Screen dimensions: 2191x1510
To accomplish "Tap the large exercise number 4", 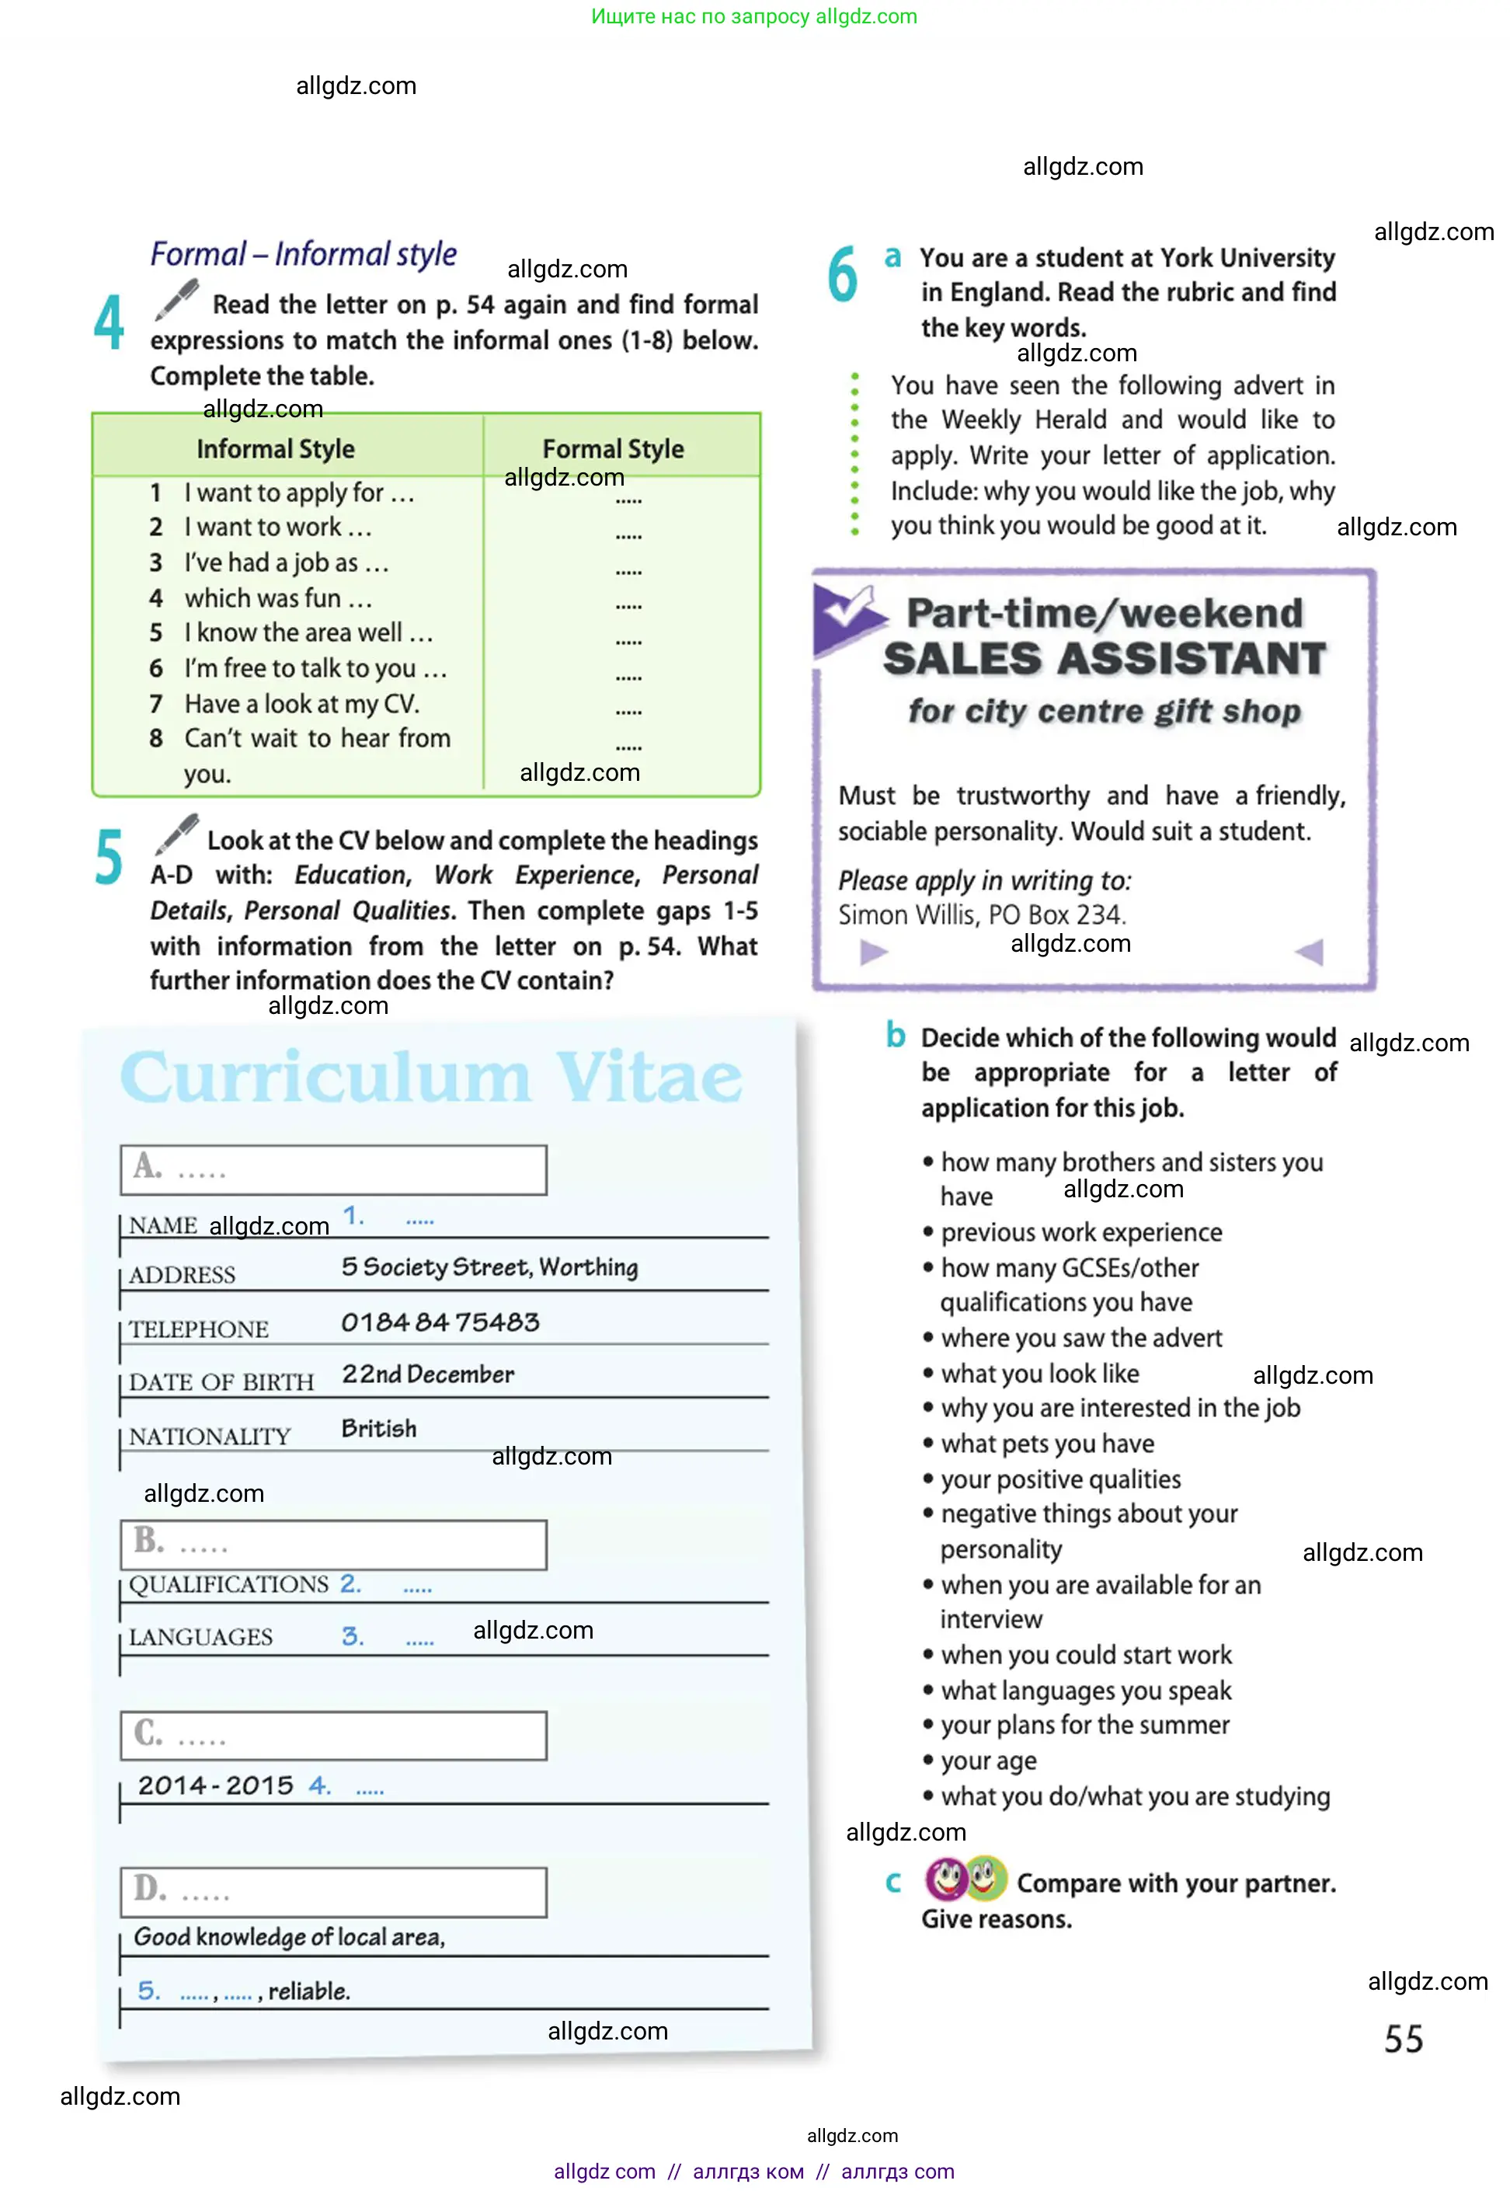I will point(109,322).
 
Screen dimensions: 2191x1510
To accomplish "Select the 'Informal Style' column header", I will point(275,448).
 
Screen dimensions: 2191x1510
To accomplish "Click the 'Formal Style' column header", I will point(612,448).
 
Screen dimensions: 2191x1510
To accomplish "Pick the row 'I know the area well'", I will point(308,632).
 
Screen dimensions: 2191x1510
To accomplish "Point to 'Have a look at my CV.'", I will point(301,703).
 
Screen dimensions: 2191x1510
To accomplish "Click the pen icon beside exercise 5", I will point(176,834).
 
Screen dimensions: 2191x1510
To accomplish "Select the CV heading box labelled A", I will point(333,1170).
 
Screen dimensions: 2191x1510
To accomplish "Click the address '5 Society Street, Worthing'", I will point(489,1266).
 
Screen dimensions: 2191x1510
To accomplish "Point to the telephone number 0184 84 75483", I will point(440,1322).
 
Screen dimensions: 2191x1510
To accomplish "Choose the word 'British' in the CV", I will point(378,1427).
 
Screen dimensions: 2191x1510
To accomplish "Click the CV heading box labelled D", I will point(333,1892).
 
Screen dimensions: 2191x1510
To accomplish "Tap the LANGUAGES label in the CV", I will point(200,1636).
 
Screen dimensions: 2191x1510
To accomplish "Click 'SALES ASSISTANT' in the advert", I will point(1104,659).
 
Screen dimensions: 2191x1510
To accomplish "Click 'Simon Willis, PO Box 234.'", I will point(981,914).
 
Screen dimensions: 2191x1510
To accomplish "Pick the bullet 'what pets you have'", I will point(1046,1444).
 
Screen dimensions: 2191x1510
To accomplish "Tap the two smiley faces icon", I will point(965,1879).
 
